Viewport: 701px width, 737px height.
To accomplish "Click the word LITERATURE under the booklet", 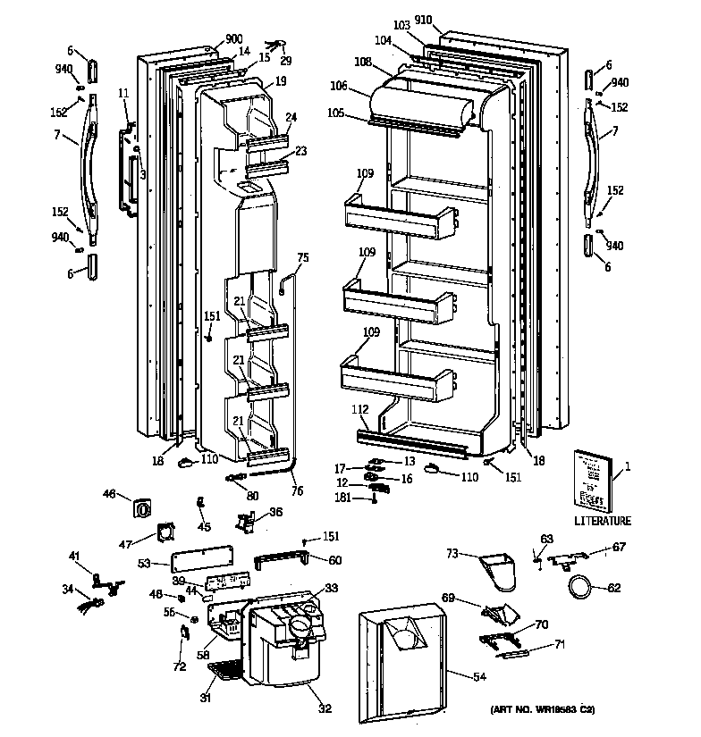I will [602, 521].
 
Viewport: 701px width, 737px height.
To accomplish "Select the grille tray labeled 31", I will [231, 667].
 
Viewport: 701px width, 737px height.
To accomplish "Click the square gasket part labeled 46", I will [143, 507].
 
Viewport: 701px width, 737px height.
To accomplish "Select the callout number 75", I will [302, 258].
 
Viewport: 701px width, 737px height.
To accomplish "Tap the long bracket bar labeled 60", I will [285, 560].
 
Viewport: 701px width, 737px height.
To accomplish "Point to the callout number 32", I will [325, 709].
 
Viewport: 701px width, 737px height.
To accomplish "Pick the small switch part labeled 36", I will [245, 520].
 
